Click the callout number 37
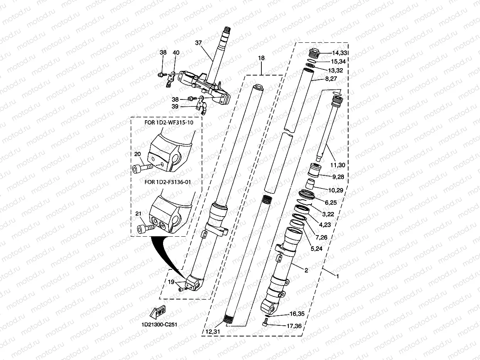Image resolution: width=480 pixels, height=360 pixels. click(x=199, y=43)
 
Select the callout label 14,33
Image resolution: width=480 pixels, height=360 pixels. click(x=339, y=53)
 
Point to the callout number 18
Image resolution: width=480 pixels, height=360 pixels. click(x=261, y=58)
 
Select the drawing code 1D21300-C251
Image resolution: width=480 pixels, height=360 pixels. click(x=157, y=324)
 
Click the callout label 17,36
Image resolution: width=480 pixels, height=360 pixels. click(x=294, y=326)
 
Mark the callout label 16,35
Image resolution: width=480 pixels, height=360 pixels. click(x=296, y=314)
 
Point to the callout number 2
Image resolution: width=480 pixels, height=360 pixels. click(x=306, y=270)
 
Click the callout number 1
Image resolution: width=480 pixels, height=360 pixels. click(x=337, y=276)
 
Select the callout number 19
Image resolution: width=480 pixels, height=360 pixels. click(x=171, y=282)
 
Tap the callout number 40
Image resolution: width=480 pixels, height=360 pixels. click(x=176, y=53)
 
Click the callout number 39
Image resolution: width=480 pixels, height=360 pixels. click(x=175, y=107)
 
